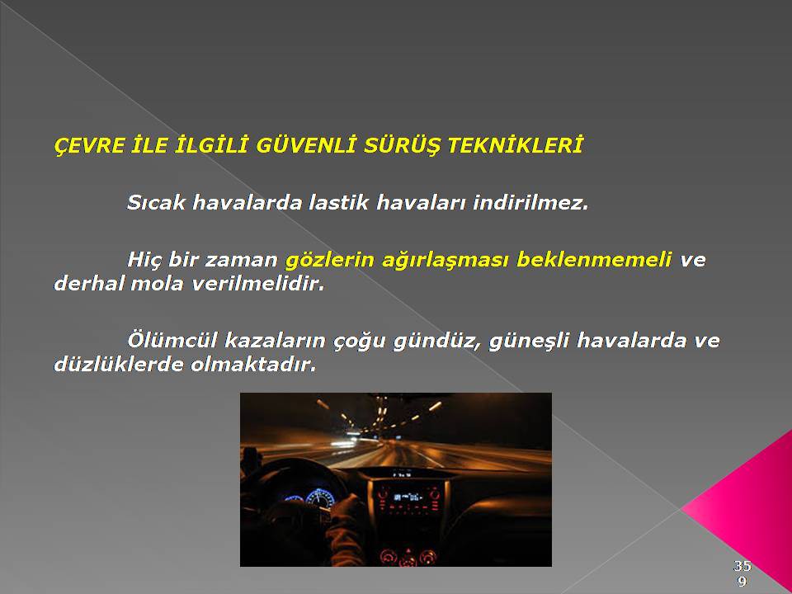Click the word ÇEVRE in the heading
coord(89,145)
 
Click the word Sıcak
coord(156,203)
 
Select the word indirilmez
coord(530,202)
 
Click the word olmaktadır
coord(253,364)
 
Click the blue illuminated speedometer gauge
coord(320,497)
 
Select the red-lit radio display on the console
coord(408,497)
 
